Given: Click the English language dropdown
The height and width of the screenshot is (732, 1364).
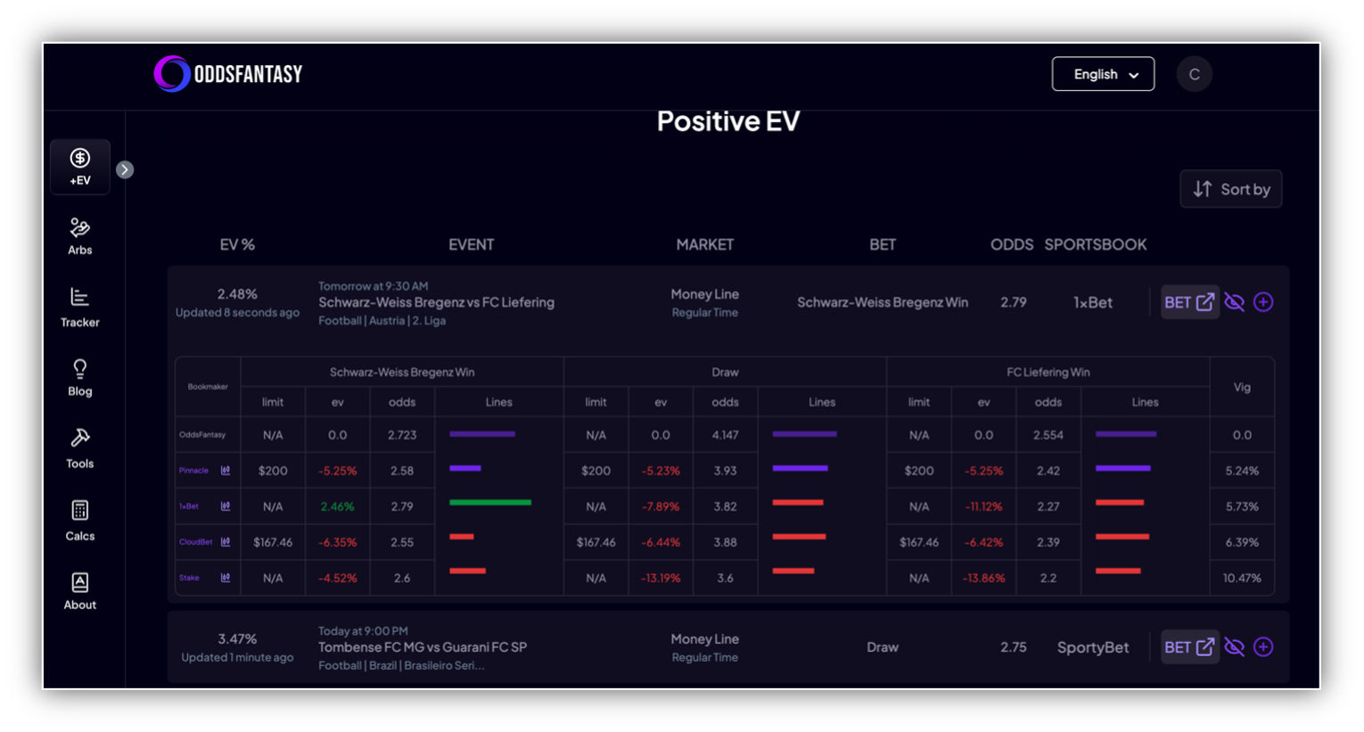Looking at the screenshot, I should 1103,74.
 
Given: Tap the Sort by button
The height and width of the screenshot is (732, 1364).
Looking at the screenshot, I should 1230,189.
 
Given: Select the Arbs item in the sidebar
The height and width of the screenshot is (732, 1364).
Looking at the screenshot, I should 80,236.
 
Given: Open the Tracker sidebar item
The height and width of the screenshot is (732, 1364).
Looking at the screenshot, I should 80,308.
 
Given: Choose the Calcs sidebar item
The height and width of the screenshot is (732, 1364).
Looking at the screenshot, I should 80,521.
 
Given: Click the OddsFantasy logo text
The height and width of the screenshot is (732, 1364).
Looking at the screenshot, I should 248,74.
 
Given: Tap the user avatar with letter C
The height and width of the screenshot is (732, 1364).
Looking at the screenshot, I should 1194,74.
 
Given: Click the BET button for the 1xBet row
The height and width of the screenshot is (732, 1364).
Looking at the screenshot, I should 1189,302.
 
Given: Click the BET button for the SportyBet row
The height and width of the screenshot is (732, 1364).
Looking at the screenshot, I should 1189,647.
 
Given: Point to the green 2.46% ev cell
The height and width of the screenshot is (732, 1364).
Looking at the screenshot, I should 337,506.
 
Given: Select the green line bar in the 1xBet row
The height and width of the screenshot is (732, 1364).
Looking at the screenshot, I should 490,503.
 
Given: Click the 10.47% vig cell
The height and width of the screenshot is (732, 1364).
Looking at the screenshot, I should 1242,578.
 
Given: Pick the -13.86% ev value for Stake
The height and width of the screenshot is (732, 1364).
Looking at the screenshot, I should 983,578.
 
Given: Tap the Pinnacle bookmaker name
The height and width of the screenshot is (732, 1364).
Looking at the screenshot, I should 193,471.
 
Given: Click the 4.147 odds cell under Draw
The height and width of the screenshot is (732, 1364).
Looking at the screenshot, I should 725,435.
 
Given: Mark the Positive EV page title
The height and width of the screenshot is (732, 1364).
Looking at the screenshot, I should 727,121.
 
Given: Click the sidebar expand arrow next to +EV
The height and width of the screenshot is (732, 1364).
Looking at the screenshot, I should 125,169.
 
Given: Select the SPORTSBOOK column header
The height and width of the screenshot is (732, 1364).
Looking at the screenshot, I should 1095,244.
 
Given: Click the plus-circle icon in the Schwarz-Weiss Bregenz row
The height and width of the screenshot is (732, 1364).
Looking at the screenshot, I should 1263,302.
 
